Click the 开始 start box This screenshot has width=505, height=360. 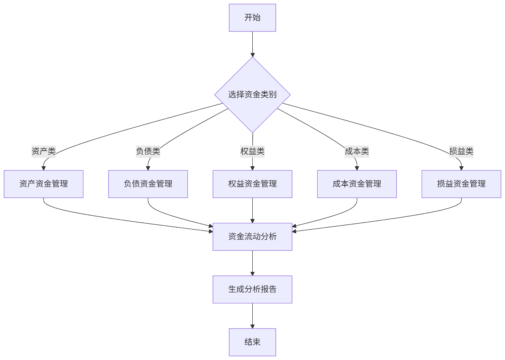click(252, 18)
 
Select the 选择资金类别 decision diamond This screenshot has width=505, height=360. click(252, 94)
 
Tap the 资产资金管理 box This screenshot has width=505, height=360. click(43, 184)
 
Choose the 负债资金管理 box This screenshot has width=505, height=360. click(148, 184)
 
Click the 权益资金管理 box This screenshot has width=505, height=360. click(252, 184)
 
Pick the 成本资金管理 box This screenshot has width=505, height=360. click(357, 184)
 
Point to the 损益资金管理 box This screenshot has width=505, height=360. click(461, 184)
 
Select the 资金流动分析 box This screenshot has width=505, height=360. click(252, 236)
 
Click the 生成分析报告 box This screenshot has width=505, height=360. click(252, 289)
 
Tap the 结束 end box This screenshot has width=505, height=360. click(252, 342)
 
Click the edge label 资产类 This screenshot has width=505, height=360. click(43, 151)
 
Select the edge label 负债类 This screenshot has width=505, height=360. click(148, 151)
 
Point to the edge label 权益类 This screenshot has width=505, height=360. click(252, 151)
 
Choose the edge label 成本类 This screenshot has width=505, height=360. click(357, 151)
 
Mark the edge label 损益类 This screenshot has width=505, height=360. click(461, 151)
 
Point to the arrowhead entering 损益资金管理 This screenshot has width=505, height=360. click(461, 168)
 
